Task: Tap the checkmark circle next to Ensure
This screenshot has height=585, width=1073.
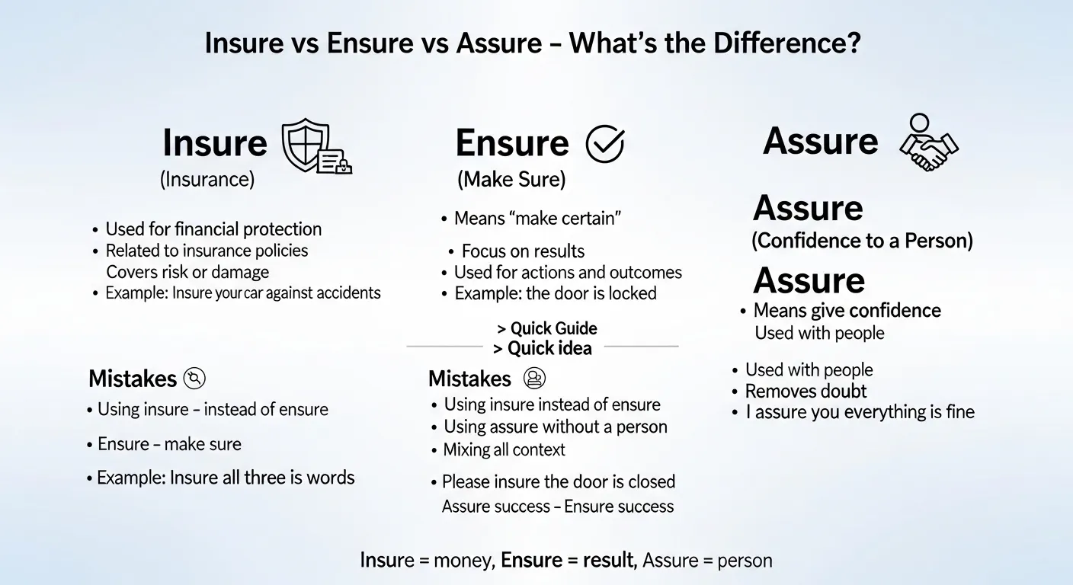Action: tap(604, 144)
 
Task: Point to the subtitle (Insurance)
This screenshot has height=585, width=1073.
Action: tap(207, 180)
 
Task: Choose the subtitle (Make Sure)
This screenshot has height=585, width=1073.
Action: tap(511, 180)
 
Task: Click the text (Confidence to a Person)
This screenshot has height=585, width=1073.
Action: tap(862, 241)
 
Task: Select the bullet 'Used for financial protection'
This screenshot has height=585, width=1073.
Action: tap(213, 229)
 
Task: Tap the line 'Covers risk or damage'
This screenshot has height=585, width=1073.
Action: tap(187, 272)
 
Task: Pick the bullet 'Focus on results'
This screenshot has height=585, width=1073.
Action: tap(523, 251)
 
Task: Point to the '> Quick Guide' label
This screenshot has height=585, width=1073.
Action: tap(546, 328)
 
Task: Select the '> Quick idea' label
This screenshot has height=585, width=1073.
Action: tap(542, 348)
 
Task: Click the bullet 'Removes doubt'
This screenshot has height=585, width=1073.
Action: tap(806, 392)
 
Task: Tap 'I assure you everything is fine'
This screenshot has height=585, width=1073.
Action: tap(860, 412)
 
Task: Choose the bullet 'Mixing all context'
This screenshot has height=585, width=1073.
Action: tap(504, 449)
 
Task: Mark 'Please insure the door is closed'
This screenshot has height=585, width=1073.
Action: tap(559, 481)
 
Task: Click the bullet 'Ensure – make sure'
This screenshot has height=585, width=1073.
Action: tap(169, 444)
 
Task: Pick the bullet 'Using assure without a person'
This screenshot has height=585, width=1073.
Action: tap(556, 427)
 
